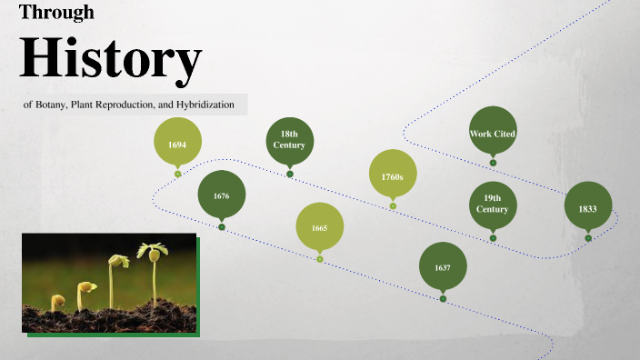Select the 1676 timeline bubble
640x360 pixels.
(222, 195)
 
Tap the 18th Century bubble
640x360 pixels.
(289, 140)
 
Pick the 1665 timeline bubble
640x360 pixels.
(319, 227)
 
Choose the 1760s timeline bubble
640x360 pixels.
(393, 175)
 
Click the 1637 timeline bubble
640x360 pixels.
(443, 267)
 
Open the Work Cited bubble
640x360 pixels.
(493, 133)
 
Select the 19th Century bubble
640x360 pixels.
(493, 204)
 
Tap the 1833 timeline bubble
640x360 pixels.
(588, 207)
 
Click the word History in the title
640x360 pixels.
(109, 57)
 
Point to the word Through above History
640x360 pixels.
(56, 13)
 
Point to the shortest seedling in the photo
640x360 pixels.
(57, 302)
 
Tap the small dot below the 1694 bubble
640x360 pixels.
(178, 174)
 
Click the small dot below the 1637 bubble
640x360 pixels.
(443, 298)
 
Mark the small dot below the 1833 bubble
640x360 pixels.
(588, 238)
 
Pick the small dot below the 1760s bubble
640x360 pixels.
(393, 206)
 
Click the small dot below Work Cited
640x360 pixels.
(493, 163)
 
